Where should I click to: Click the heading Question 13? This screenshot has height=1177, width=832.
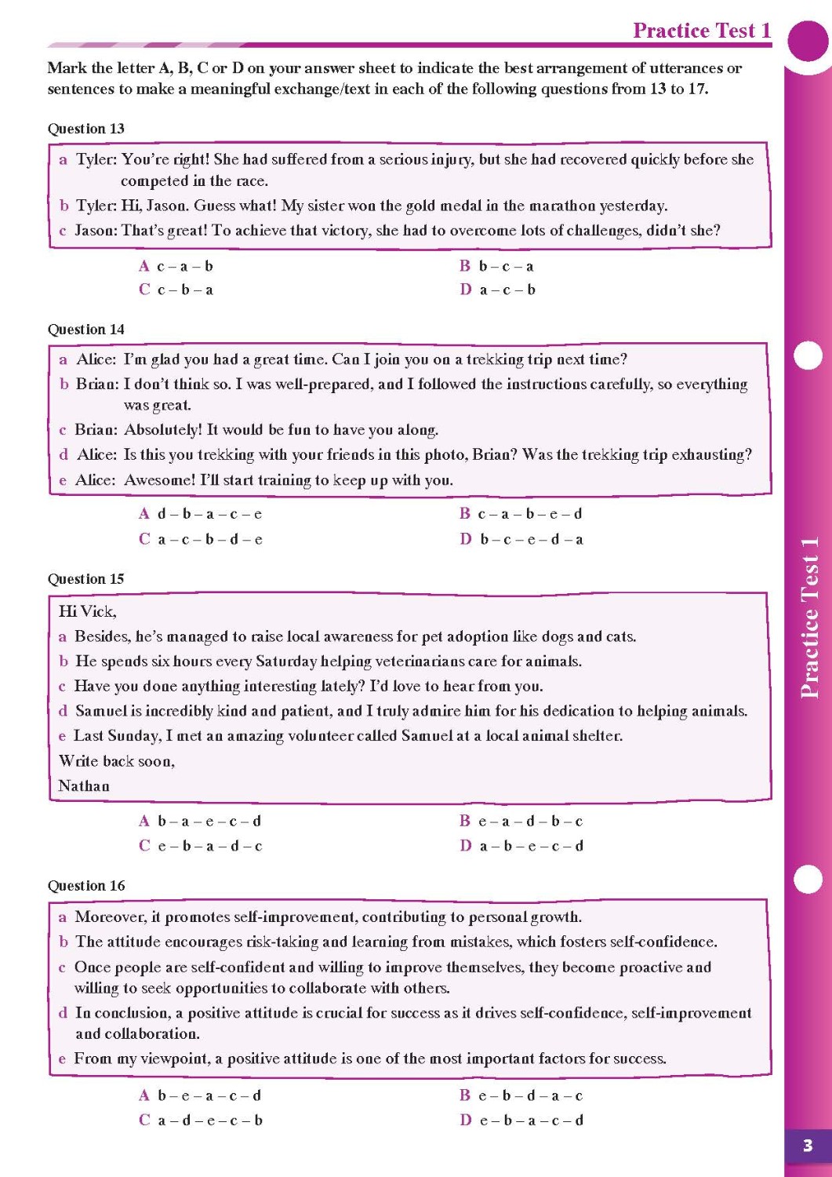click(x=85, y=129)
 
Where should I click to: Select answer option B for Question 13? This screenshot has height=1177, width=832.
click(x=496, y=266)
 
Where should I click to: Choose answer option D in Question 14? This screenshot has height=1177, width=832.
click(x=521, y=539)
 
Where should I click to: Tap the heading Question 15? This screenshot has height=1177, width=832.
click(x=85, y=579)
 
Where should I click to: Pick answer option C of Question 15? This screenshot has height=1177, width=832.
click(x=200, y=846)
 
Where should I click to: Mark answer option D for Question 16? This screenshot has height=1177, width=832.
click(x=521, y=1120)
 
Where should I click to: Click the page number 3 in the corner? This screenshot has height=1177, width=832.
click(x=807, y=1146)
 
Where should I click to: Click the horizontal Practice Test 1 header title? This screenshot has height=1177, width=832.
click(x=701, y=31)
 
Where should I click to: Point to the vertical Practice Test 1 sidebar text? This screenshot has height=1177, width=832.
click(x=809, y=618)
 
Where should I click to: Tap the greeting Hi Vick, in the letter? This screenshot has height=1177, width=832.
click(x=87, y=611)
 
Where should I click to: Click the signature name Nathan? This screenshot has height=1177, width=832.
click(x=84, y=785)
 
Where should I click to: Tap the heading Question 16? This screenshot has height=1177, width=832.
click(x=85, y=886)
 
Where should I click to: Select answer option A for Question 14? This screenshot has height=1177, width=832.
click(x=200, y=514)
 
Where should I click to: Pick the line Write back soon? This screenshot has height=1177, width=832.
click(x=116, y=761)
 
